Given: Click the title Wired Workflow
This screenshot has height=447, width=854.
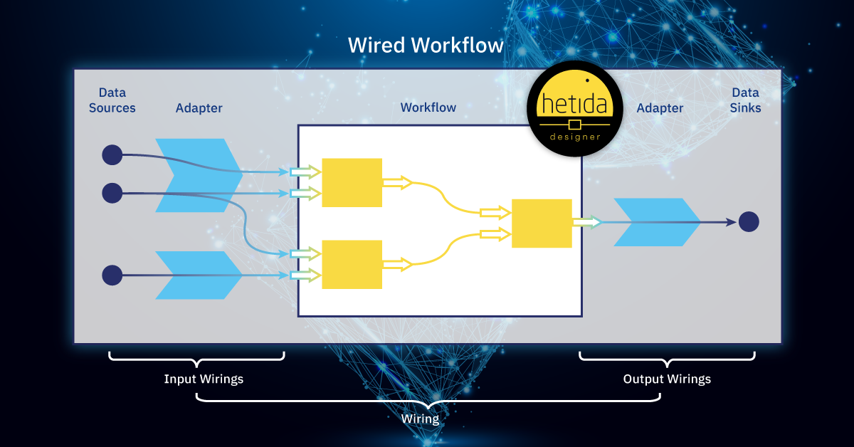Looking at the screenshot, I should tap(426, 46).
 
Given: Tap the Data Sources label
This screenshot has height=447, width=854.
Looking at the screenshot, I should tap(112, 100).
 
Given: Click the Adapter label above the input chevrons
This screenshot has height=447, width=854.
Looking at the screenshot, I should tap(199, 108).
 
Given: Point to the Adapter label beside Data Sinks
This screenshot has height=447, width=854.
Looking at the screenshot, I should tap(660, 108).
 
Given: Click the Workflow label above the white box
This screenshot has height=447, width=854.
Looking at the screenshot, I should tap(428, 107).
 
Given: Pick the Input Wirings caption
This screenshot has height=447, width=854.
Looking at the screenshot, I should tap(204, 379).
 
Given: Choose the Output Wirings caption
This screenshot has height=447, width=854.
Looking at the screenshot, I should tap(667, 379).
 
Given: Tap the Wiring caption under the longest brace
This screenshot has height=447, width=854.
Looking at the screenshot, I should tap(420, 418).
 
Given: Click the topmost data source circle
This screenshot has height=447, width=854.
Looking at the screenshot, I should tap(112, 154).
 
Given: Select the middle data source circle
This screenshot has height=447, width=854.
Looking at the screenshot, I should tap(112, 193).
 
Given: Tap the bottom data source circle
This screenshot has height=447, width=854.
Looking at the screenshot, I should tap(112, 275).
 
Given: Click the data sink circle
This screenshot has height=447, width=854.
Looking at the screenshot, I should tap(749, 222).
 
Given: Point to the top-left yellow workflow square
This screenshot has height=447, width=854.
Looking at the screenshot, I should tap(352, 183).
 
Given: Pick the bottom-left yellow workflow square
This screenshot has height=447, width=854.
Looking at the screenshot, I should tap(352, 264).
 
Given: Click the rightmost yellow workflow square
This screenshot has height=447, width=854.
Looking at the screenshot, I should tap(542, 223).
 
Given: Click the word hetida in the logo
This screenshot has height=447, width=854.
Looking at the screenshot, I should tap(574, 105).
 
